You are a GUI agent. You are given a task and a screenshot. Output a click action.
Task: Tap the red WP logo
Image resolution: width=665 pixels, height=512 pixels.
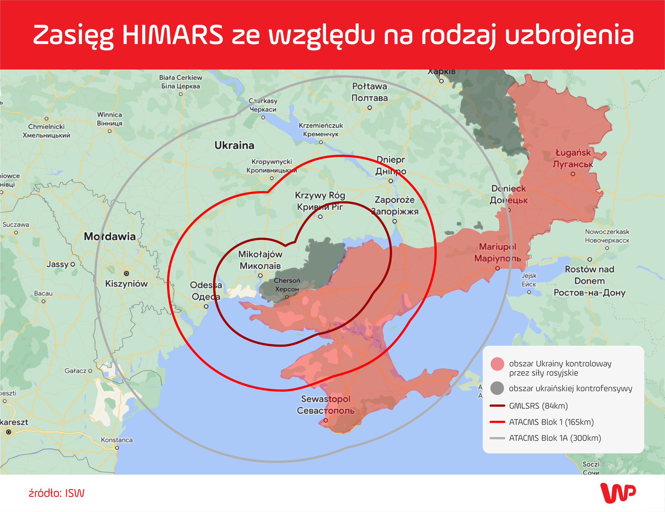[618, 493]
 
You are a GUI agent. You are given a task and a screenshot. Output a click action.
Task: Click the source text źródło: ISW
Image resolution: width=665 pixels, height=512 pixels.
[57, 493]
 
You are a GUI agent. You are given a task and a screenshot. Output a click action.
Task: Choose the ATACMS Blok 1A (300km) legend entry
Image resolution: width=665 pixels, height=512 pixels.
[554, 438]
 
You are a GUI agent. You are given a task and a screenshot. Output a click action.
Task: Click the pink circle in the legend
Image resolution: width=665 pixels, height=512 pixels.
[497, 364]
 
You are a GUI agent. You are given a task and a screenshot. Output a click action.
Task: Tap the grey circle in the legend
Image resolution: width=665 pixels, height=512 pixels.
[497, 388]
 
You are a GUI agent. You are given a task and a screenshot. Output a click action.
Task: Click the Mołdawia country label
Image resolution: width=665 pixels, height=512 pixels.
[109, 236]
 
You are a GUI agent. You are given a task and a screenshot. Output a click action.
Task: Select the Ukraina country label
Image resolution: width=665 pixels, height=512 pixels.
[234, 145]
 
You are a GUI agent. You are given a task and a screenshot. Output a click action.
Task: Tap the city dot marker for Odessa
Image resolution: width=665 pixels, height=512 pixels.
[206, 306]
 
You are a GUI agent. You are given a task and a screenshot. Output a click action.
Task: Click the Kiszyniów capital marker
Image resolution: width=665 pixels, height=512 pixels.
[126, 273]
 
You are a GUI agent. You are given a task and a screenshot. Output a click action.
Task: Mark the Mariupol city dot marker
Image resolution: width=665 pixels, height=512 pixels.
[498, 268]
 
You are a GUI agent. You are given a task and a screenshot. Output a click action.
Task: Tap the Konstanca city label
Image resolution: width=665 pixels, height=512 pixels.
[117, 440]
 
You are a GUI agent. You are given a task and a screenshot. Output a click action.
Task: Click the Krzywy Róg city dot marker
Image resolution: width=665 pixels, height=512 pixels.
[320, 217]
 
